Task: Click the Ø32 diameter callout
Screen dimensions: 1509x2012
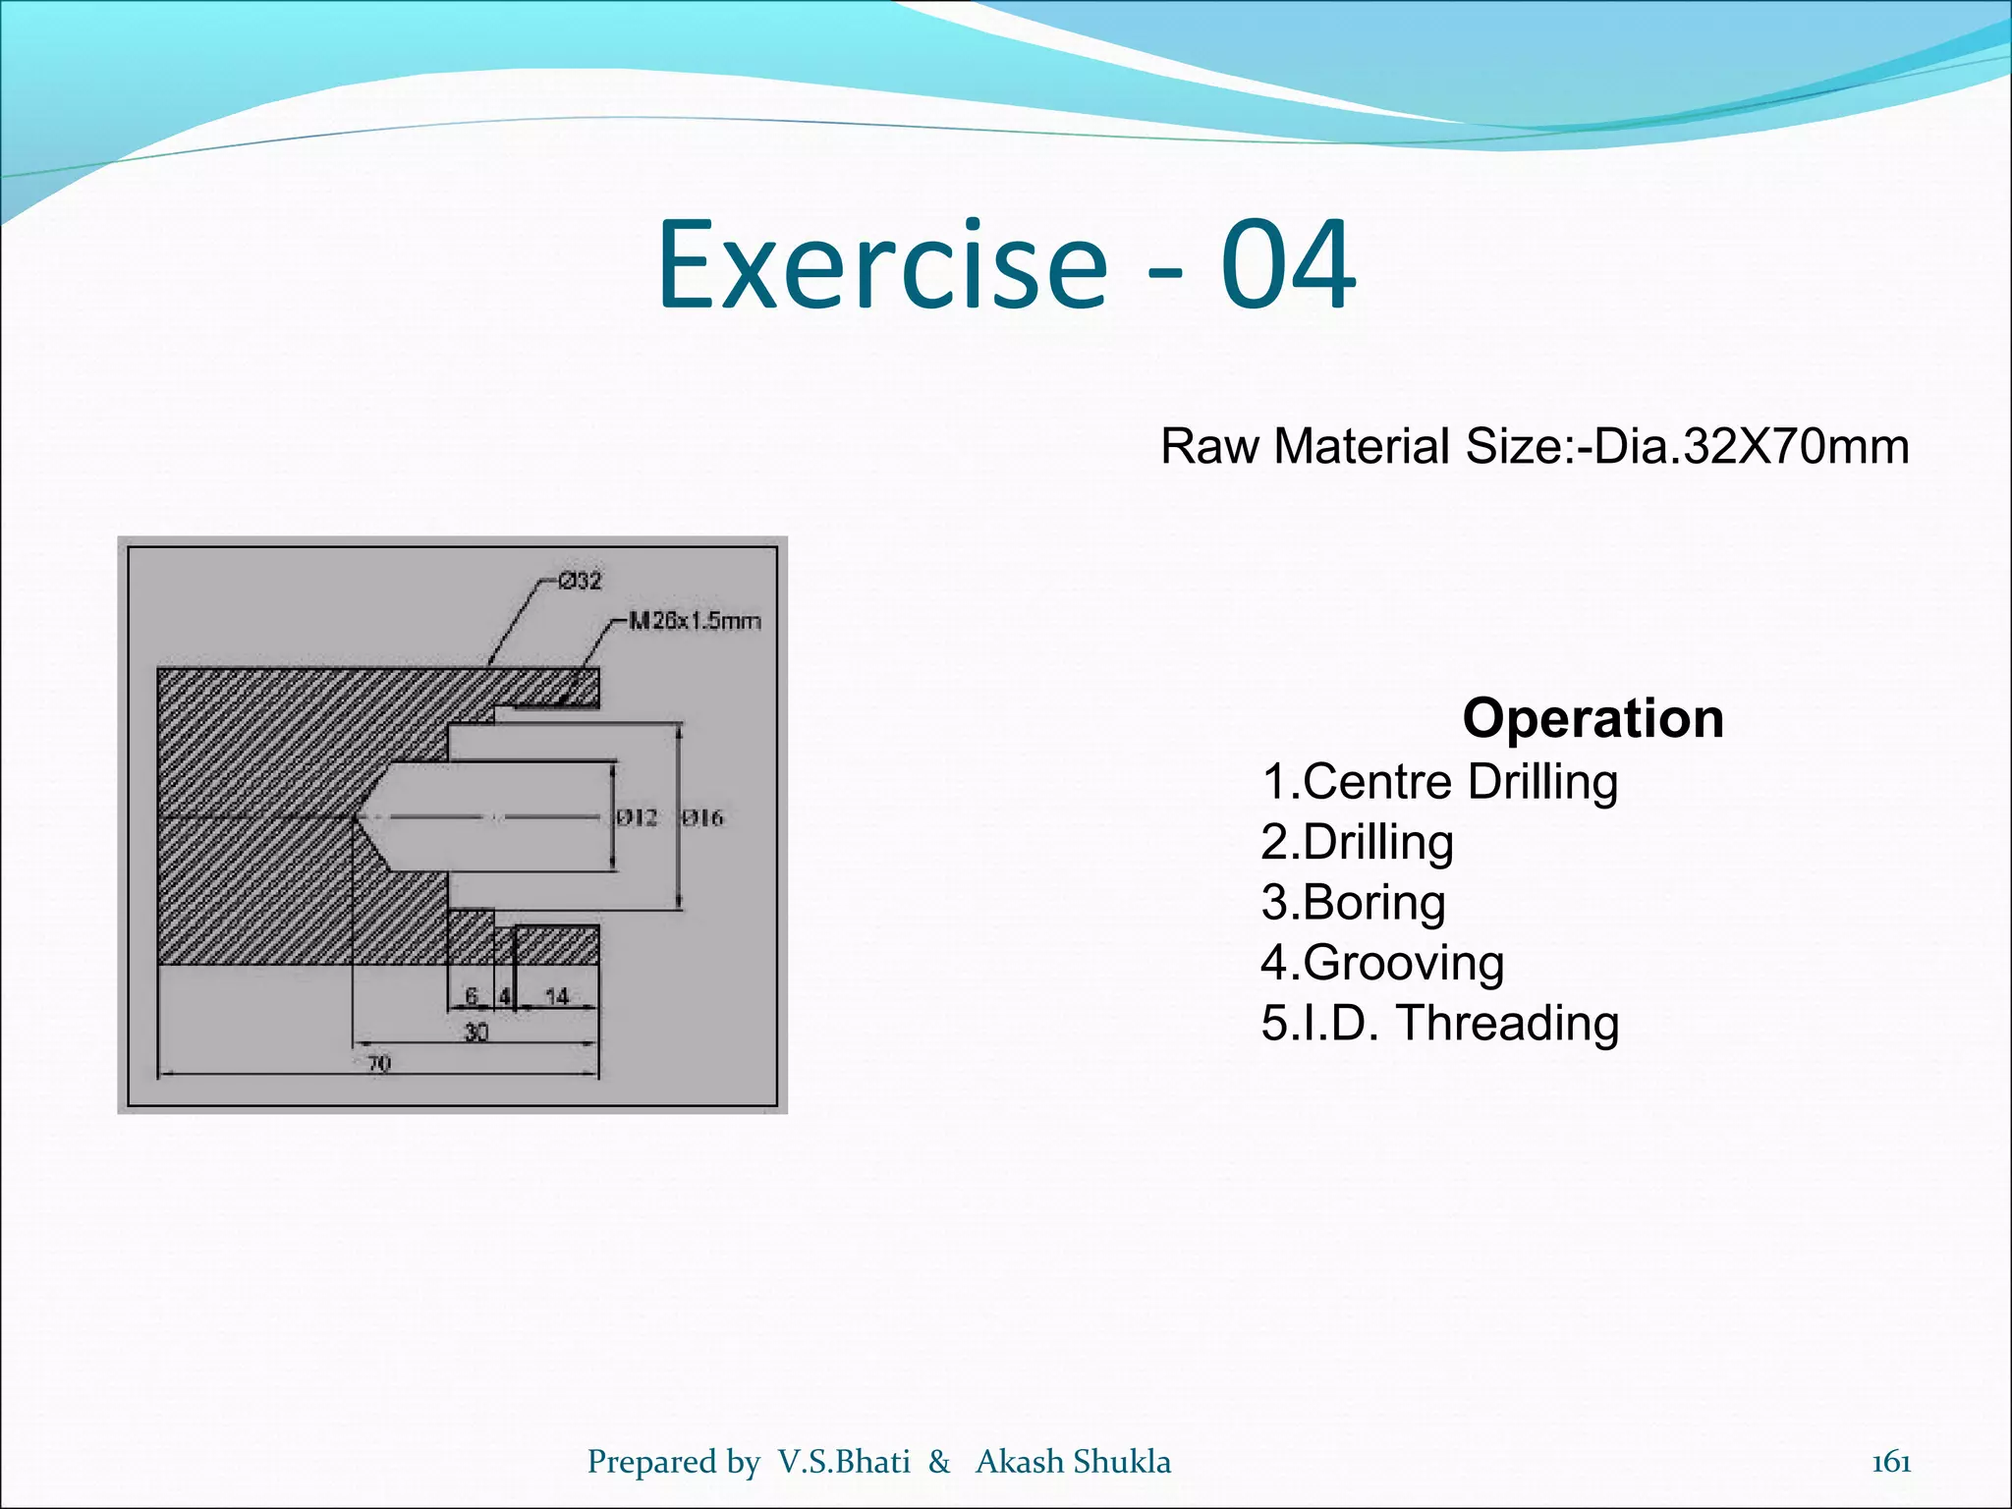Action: point(580,581)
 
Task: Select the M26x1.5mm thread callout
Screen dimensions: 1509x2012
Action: point(695,621)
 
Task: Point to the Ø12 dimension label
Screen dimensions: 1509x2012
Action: point(637,817)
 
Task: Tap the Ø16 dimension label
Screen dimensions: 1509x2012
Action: point(702,817)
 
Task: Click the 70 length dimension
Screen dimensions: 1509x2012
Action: point(379,1063)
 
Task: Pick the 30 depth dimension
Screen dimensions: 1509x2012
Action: point(475,1032)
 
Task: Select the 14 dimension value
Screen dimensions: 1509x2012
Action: point(556,996)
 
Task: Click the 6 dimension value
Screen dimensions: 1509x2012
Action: point(472,996)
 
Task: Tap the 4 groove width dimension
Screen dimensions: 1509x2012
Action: point(504,996)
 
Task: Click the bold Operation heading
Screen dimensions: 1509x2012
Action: point(1593,718)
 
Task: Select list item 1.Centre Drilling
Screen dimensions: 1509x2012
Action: point(1439,782)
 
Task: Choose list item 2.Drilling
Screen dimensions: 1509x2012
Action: point(1357,843)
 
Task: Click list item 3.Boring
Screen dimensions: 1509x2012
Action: point(1353,903)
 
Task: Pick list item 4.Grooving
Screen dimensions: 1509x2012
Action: point(1382,963)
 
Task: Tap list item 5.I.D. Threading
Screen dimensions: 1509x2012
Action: point(1439,1023)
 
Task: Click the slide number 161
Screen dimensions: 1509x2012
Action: point(1891,1463)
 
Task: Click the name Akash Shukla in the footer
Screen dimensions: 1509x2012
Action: point(1073,1462)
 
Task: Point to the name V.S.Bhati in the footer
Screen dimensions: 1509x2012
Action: point(844,1462)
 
